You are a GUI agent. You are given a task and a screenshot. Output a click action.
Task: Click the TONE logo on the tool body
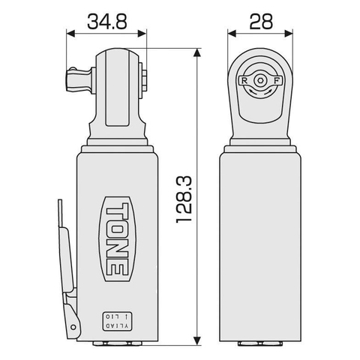(116, 236)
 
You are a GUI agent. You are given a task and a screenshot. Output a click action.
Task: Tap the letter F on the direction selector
(279, 79)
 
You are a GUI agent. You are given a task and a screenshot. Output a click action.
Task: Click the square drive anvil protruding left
(76, 79)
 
